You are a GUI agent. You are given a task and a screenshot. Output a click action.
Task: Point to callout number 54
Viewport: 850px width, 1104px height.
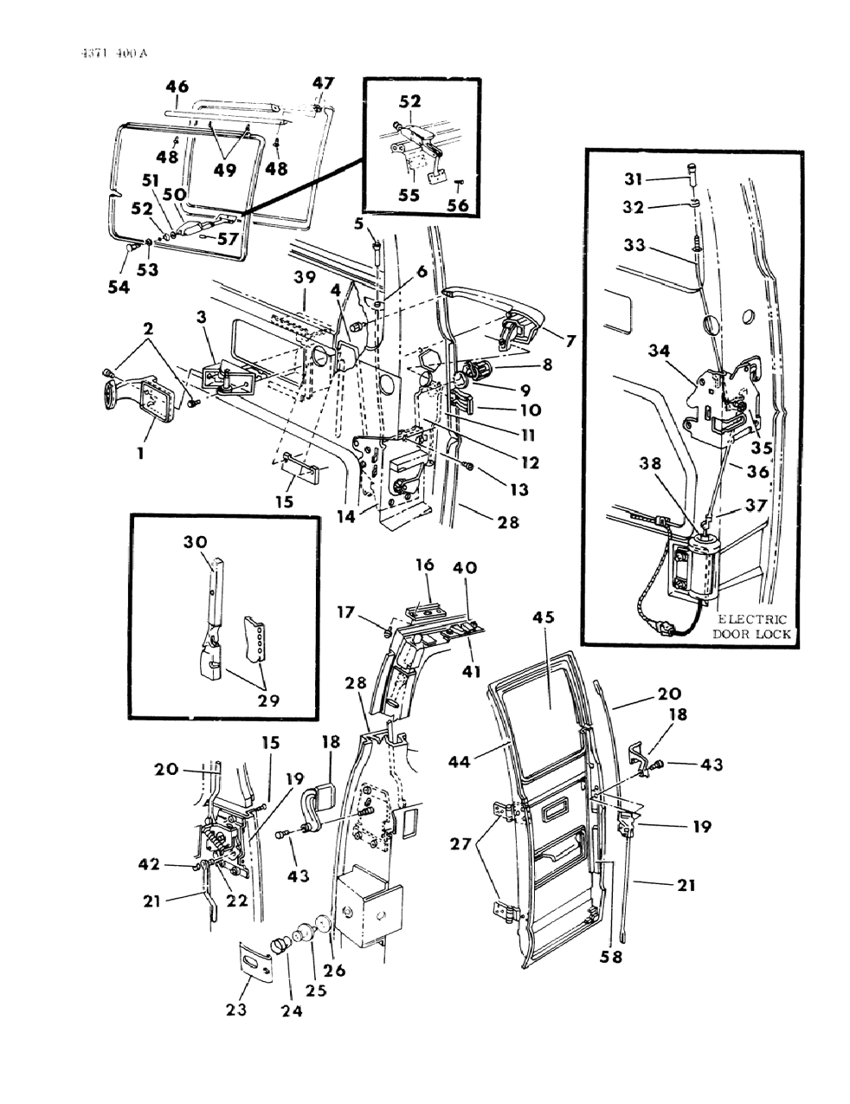click(119, 287)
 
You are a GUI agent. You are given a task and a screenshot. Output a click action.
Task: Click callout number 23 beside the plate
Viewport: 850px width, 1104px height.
click(237, 1010)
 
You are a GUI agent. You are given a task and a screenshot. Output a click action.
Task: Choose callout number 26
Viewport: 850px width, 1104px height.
click(334, 971)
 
